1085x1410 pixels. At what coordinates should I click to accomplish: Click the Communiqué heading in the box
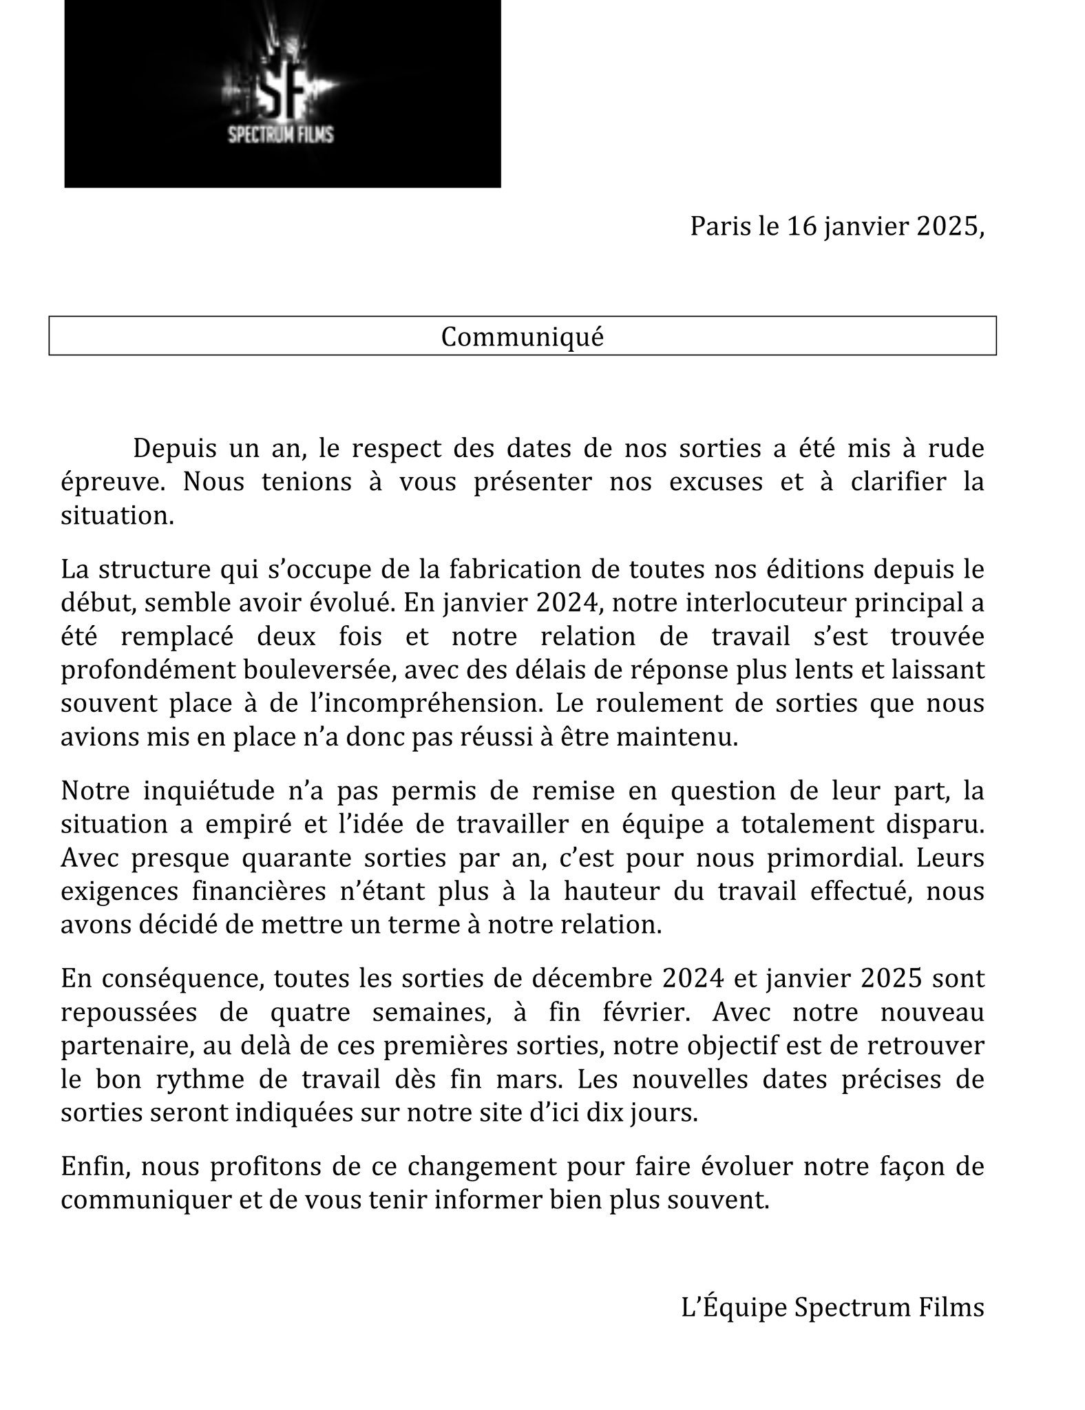click(522, 337)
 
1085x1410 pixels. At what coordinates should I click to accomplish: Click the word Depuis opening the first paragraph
click(176, 448)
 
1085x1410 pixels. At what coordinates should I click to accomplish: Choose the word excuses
click(721, 481)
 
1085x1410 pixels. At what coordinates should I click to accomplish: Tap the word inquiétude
click(204, 791)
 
